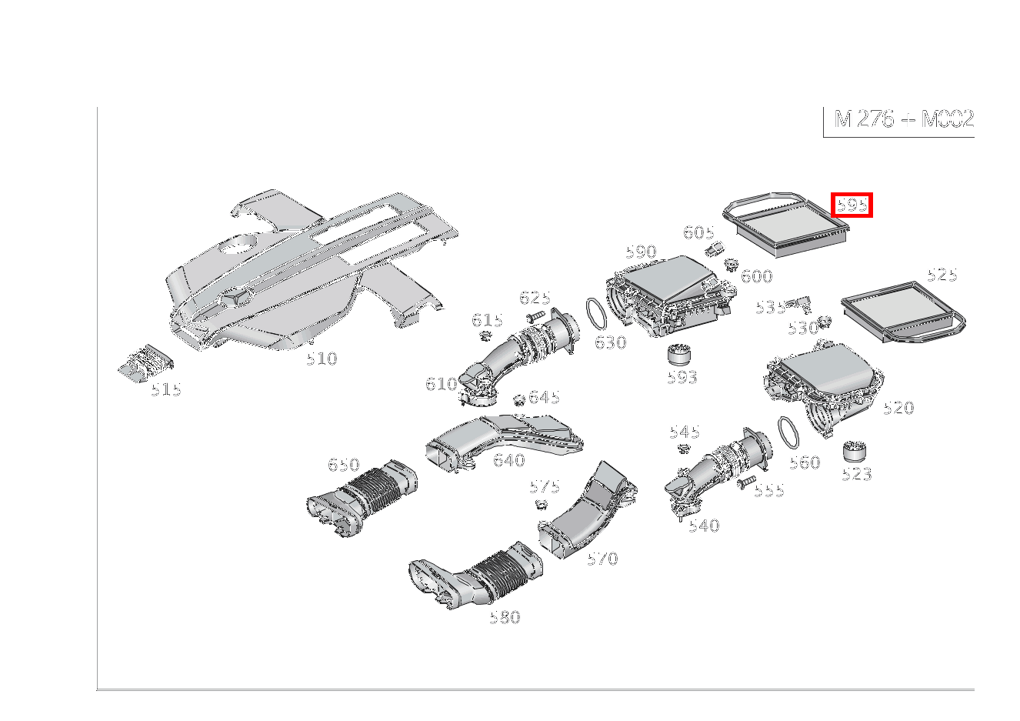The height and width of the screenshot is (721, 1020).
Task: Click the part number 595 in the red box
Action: pos(852,205)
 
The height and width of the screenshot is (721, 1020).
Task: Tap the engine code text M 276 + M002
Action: pos(903,119)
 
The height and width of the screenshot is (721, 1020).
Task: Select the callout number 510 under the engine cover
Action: pos(321,359)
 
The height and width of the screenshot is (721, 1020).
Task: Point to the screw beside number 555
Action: pos(745,483)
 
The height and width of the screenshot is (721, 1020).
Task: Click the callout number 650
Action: pos(343,465)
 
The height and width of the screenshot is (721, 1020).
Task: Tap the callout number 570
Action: pos(602,559)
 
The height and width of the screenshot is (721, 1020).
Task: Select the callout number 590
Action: pos(640,252)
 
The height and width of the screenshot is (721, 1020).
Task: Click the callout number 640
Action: pos(508,460)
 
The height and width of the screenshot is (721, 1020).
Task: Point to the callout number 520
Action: pos(898,408)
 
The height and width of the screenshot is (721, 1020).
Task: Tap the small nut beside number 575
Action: pos(541,504)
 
